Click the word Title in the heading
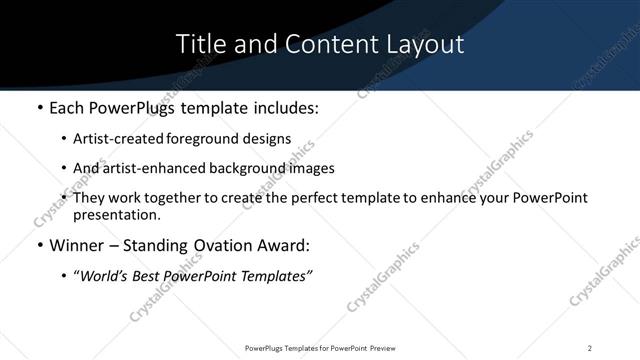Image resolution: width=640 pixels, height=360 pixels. pyautogui.click(x=198, y=44)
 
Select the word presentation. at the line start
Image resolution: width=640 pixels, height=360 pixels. pyautogui.click(x=116, y=214)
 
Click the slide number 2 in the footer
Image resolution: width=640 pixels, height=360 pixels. pyautogui.click(x=590, y=348)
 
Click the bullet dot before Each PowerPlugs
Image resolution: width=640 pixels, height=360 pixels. pyautogui.click(x=39, y=107)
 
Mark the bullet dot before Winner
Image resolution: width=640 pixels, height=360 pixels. pyautogui.click(x=39, y=246)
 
